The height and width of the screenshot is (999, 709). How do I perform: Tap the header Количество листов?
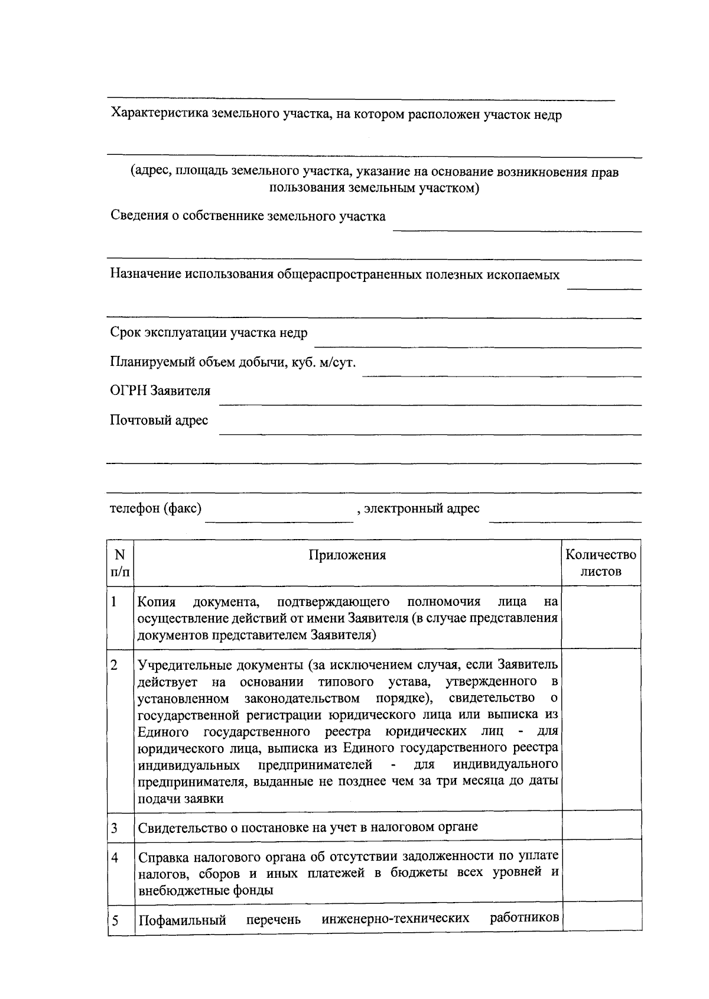600,563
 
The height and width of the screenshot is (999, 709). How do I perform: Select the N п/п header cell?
120,563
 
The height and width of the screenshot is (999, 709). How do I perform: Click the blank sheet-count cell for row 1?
600,618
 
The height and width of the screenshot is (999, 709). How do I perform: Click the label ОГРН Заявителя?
160,391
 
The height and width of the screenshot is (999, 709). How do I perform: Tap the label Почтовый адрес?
159,420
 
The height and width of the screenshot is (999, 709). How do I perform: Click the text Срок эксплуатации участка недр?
209,333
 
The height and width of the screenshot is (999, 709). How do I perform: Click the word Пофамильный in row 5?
182,920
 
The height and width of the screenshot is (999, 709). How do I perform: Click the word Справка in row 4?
160,857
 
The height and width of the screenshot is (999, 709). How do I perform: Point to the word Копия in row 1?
157,602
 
